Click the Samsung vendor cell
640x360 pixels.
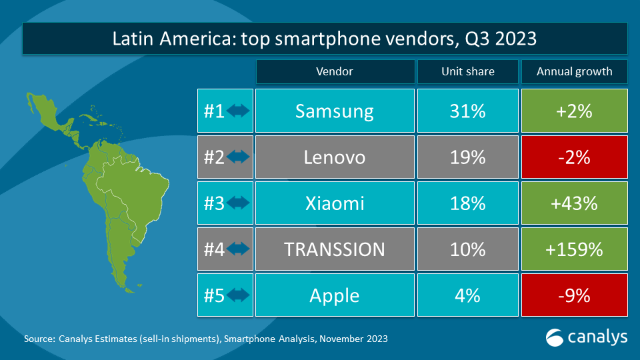[334, 111]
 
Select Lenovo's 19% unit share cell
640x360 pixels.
[467, 157]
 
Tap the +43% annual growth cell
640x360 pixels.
[574, 203]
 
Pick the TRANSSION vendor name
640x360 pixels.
[334, 249]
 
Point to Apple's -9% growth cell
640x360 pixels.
[574, 295]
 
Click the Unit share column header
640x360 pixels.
[467, 71]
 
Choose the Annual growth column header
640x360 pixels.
[574, 71]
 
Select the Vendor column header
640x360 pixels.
[334, 71]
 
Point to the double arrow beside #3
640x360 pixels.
[238, 203]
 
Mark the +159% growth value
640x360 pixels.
[574, 249]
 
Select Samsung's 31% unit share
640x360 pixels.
[467, 111]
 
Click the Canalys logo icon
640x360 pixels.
[555, 337]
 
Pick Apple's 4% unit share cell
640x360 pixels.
[467, 295]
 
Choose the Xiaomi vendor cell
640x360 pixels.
[334, 203]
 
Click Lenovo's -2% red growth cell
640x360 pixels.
[574, 157]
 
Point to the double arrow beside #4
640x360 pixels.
[238, 249]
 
